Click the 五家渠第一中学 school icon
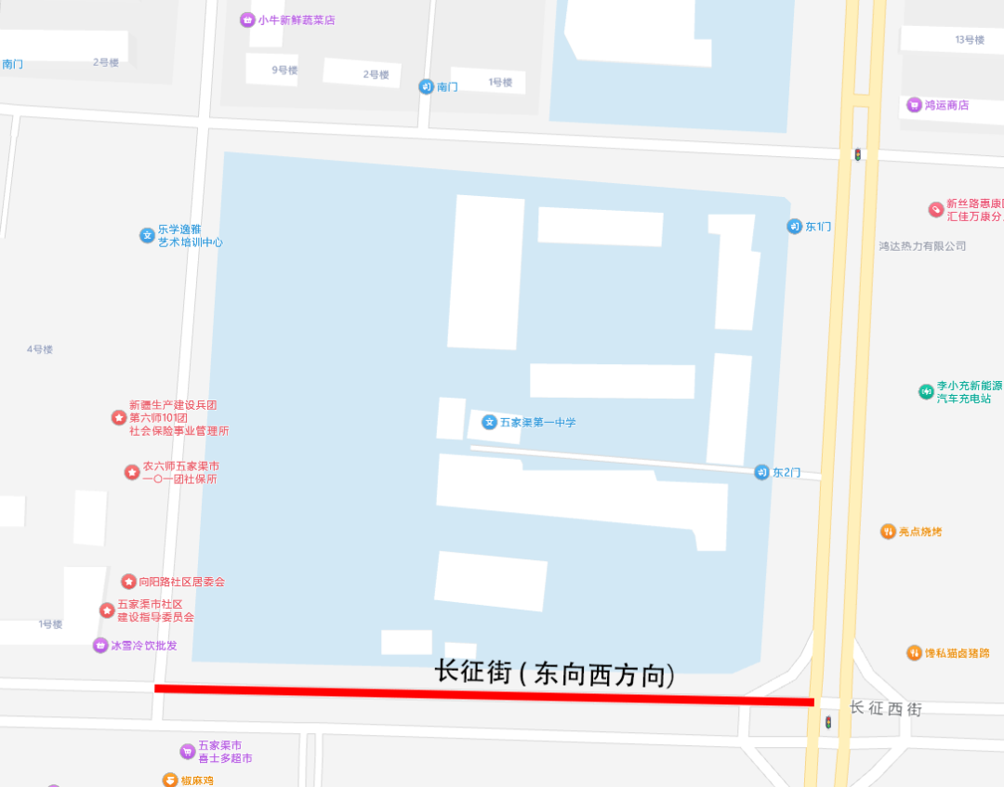489,423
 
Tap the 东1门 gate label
818,227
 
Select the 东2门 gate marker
762,472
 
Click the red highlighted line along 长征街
483,693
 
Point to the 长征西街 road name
885,709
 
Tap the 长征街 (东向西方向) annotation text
554,673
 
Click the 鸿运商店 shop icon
915,105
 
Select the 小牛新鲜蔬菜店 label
297,20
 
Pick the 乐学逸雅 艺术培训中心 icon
147,235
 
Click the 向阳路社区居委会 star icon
128,582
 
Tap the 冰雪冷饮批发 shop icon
100,646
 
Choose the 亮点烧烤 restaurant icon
889,531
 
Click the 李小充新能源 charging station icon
926,391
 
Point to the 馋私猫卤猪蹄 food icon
915,653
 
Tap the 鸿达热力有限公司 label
922,246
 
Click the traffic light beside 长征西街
827,721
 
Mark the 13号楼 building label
970,40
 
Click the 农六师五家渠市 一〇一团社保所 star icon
132,472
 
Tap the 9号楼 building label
284,70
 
